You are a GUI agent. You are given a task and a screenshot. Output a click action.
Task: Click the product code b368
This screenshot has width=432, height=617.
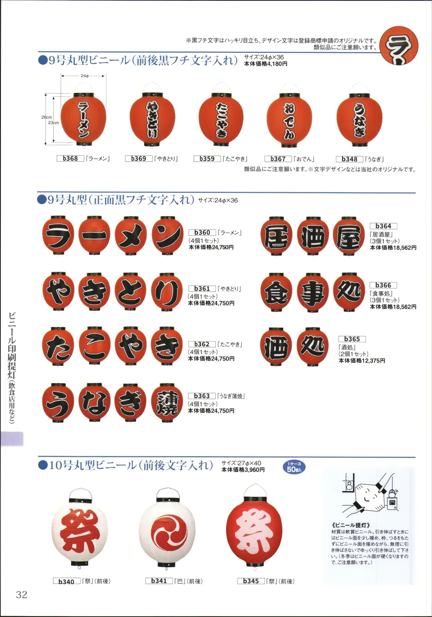[x=70, y=158]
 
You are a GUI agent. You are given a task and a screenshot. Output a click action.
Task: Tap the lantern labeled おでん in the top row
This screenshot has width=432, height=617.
[x=289, y=118]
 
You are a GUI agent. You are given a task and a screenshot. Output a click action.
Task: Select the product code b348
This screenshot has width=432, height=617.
[x=349, y=159]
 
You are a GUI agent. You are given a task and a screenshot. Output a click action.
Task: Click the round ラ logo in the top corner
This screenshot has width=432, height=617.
[x=399, y=46]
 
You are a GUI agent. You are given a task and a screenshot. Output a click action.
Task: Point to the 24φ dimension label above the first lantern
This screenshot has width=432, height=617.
[x=85, y=76]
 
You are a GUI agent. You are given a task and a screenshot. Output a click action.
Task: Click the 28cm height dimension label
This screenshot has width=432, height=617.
[x=47, y=117]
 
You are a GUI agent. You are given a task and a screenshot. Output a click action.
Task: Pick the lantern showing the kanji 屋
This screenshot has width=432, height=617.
[x=349, y=236]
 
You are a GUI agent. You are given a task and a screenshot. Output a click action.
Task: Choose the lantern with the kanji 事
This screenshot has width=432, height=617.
[x=313, y=293]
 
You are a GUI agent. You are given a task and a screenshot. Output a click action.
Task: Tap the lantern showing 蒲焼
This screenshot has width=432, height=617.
[x=167, y=403]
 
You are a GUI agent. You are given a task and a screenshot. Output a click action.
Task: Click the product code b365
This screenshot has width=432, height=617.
[x=352, y=339]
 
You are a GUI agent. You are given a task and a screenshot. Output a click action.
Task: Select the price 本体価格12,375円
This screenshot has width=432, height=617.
[x=362, y=361]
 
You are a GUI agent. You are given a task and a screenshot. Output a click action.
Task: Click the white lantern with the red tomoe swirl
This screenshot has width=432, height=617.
[x=167, y=529]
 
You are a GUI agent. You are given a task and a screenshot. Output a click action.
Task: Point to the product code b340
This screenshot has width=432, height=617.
[x=67, y=582]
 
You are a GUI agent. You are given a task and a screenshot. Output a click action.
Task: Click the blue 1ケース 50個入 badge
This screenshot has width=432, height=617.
[x=294, y=467]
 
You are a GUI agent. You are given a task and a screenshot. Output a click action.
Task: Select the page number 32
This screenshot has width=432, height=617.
[x=22, y=595]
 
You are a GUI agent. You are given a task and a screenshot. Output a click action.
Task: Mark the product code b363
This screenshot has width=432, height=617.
[x=202, y=396]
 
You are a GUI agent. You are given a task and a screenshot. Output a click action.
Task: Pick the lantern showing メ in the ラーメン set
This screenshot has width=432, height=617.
[x=131, y=236]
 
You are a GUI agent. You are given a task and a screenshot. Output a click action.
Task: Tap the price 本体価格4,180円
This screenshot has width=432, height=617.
[x=266, y=64]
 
